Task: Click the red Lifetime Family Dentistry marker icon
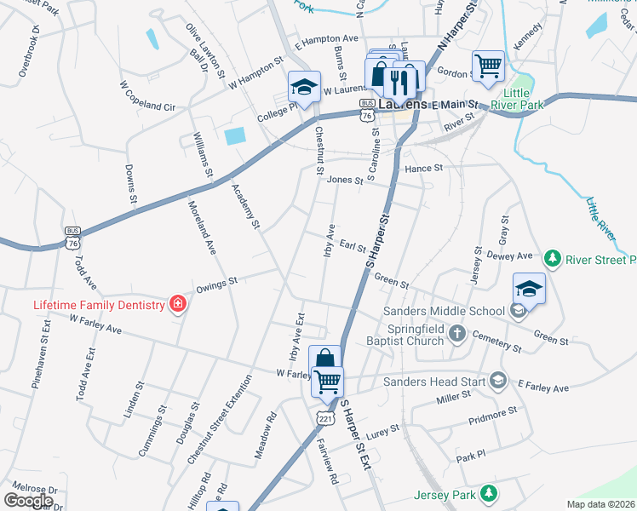[x=177, y=304]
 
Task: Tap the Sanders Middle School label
[x=445, y=313]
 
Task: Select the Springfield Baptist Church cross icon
[x=457, y=332]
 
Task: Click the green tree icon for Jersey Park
[x=489, y=493]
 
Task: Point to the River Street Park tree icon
[x=553, y=258]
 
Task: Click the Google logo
[x=29, y=500]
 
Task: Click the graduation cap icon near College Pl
[x=303, y=86]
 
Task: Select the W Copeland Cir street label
[x=146, y=96]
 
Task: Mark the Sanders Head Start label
[x=435, y=382]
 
